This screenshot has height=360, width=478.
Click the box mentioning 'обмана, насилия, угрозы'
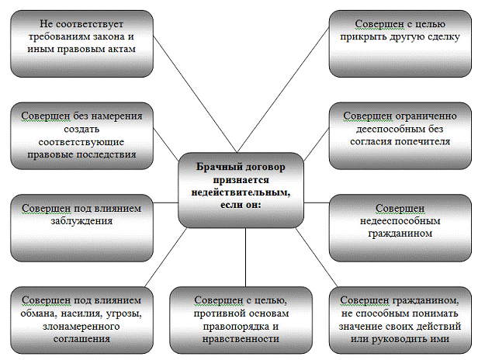(x=79, y=318)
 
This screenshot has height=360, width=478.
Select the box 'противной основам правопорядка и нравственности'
(x=240, y=318)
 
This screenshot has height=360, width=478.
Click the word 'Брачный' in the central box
(x=213, y=165)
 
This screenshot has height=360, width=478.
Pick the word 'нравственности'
(x=239, y=339)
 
